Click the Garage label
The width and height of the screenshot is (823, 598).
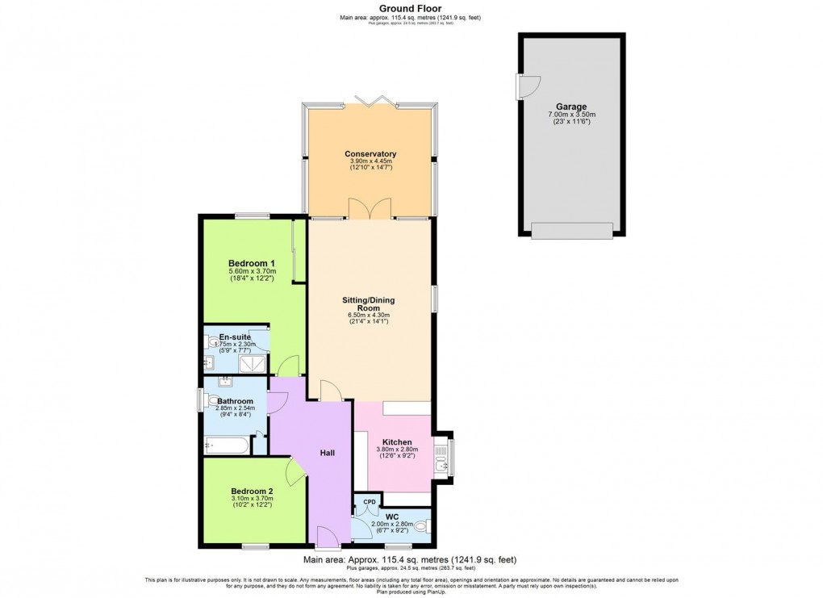[570, 107]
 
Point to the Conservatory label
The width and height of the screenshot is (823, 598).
[370, 153]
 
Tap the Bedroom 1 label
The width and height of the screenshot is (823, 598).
[252, 263]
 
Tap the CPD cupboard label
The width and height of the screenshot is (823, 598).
[369, 501]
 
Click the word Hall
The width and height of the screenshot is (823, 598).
[327, 453]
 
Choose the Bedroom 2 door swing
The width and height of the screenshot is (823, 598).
[295, 472]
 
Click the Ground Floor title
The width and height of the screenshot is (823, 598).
[412, 9]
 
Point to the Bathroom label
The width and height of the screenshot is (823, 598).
[234, 401]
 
